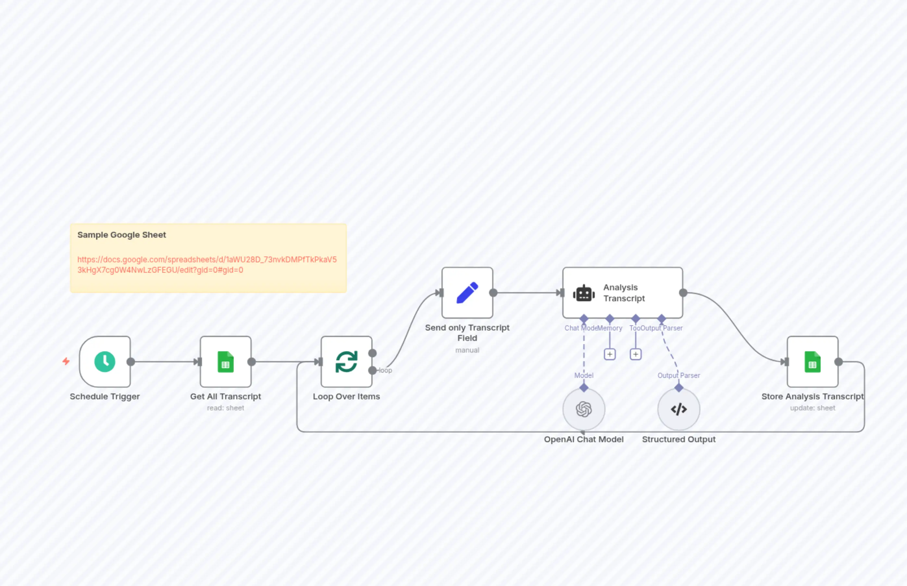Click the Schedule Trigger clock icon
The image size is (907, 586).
tap(105, 361)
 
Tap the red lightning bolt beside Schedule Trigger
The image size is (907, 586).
tap(66, 361)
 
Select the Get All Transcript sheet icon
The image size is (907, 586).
tap(226, 361)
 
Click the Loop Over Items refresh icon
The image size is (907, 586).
tap(346, 361)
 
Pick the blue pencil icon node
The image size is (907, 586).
tap(467, 293)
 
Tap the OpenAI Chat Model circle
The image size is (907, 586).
tap(584, 409)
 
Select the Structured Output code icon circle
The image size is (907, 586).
tap(678, 409)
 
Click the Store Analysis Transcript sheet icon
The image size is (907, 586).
tap(812, 361)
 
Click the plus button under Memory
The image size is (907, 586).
tap(610, 354)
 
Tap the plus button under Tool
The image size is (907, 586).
tap(635, 354)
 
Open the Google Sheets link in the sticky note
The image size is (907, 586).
tap(206, 265)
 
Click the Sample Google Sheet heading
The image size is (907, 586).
tap(122, 235)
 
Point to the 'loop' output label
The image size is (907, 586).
tap(385, 370)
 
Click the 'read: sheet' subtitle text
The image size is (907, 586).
tap(226, 408)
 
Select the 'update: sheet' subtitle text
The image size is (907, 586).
tap(812, 408)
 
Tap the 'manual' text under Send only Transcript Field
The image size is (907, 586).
tap(467, 350)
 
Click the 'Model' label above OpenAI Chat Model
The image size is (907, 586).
tap(584, 375)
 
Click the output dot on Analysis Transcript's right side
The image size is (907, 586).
tap(683, 293)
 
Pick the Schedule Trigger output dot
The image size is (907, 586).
tap(130, 361)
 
